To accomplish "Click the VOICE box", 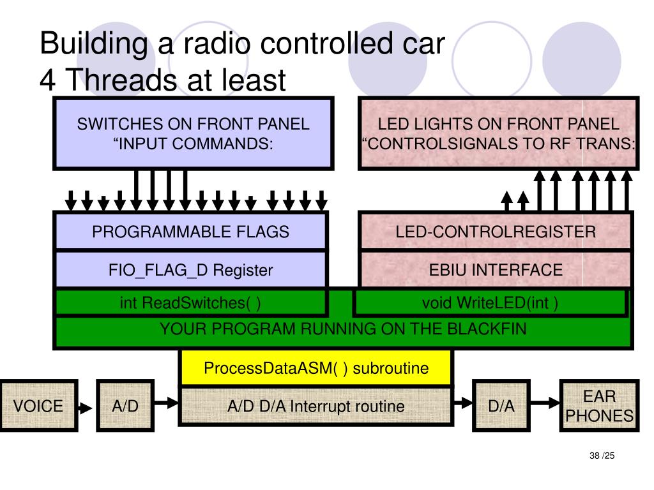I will click(x=38, y=406).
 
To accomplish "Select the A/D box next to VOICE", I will click(x=125, y=406).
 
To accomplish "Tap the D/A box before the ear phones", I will click(x=501, y=406).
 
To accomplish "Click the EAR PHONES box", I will click(x=599, y=406).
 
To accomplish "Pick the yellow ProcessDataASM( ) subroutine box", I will click(x=316, y=368).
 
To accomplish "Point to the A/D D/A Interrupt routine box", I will click(x=316, y=406).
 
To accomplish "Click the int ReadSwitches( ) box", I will click(x=190, y=302).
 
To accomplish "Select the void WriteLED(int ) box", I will click(x=490, y=302).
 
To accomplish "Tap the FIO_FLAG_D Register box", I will click(x=190, y=270).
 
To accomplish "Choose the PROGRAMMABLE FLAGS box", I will click(x=190, y=232).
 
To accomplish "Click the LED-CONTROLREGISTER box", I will click(x=495, y=232).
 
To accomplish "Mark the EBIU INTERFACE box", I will click(x=495, y=270).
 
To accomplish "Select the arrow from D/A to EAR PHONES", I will click(x=545, y=403).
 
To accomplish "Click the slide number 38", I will click(x=595, y=456).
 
